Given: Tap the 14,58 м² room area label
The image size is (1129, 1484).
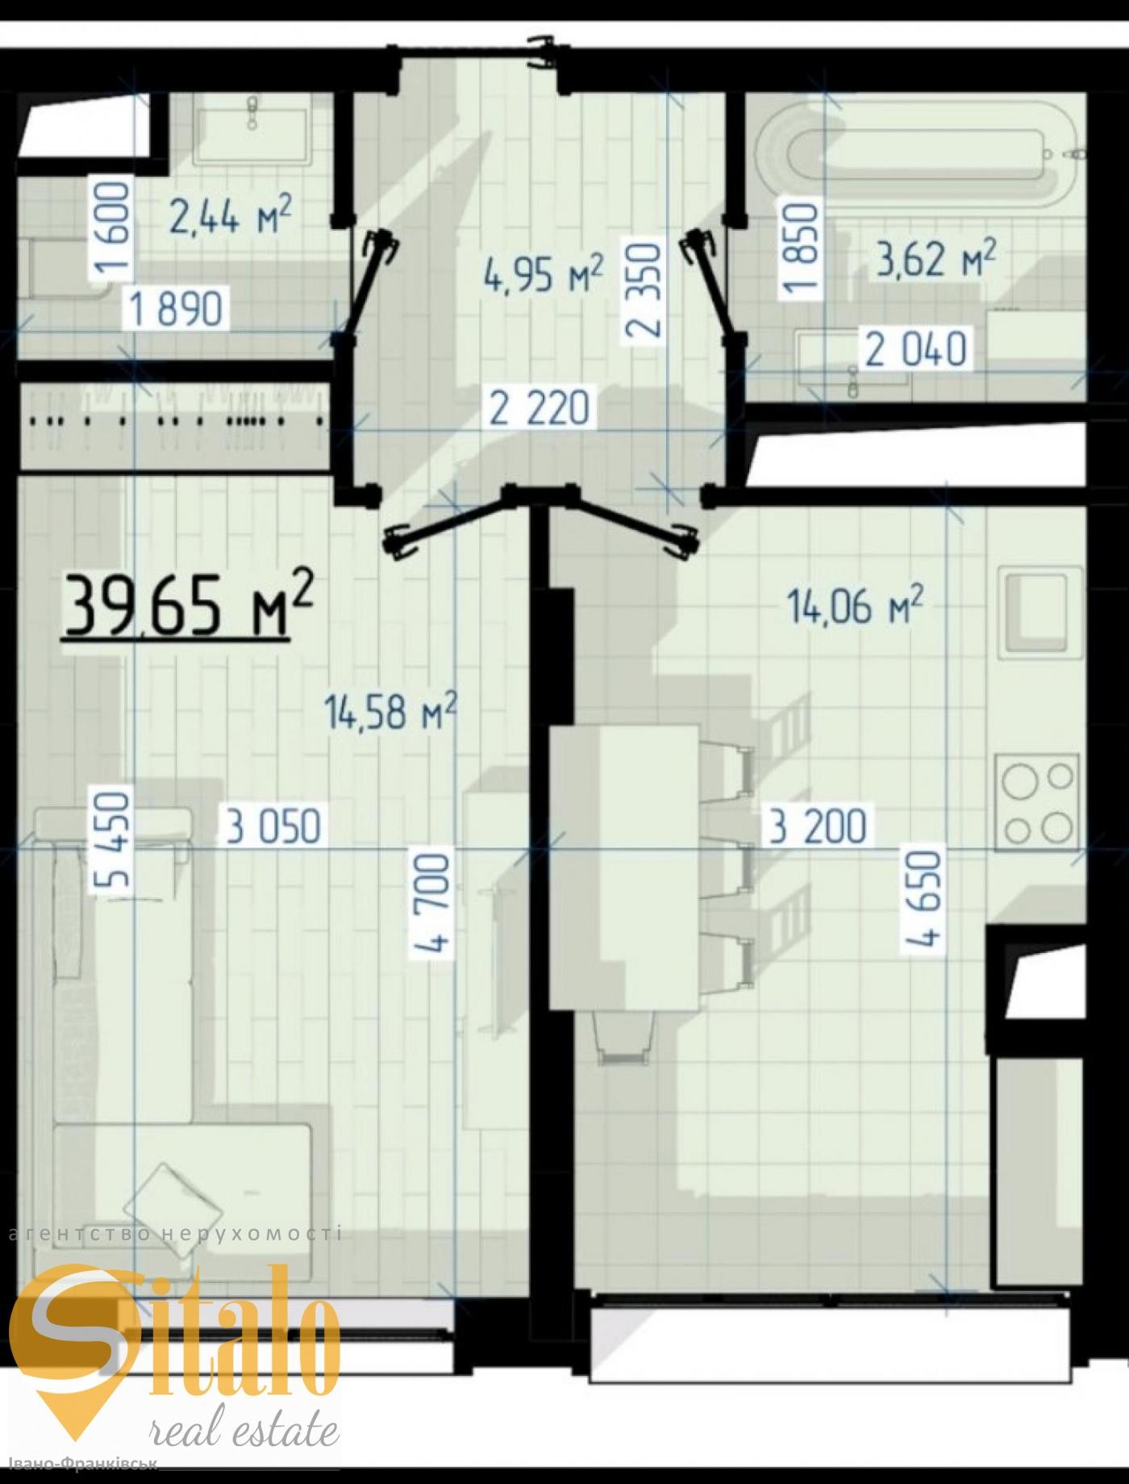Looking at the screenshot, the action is (391, 711).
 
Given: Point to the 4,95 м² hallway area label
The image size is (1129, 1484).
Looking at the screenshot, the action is (544, 274).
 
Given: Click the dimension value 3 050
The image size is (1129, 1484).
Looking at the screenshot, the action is (274, 826).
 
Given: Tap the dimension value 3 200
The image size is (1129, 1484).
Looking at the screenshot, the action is (819, 826).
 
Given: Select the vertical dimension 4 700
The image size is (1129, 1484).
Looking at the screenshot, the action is (433, 904).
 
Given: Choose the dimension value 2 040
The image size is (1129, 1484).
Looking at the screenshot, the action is (916, 350).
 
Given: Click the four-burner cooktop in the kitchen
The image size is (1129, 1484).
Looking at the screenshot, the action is (1037, 801).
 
